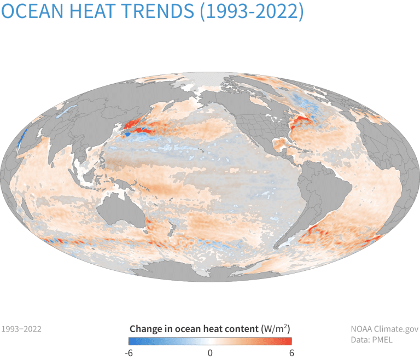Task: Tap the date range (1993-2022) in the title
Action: pos(251,11)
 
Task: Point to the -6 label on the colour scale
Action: pos(130,353)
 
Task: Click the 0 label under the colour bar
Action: pos(210,353)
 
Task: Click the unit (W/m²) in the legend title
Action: pos(275,329)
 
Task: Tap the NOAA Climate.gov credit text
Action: pos(384,329)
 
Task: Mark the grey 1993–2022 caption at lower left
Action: pos(21,329)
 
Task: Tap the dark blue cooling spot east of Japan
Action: pos(127,133)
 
